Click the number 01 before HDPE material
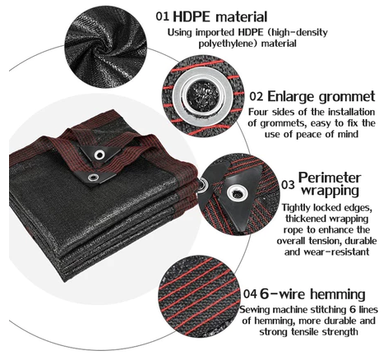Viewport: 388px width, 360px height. [162, 16]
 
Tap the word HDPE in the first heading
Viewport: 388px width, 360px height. [192, 16]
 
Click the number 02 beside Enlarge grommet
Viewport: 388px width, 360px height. [256, 96]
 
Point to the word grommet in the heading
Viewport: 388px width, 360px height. [347, 97]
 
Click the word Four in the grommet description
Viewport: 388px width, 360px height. [259, 112]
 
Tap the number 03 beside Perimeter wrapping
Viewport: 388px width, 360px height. [288, 185]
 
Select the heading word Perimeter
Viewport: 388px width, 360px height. [330, 178]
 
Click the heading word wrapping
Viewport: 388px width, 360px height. [330, 191]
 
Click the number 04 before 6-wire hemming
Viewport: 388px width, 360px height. [250, 294]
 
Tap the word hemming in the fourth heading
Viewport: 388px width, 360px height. [338, 294]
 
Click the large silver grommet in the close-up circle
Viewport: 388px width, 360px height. [203, 96]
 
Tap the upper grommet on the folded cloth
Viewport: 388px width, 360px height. [99, 155]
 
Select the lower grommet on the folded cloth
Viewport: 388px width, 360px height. [93, 178]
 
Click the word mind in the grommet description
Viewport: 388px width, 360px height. [348, 134]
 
